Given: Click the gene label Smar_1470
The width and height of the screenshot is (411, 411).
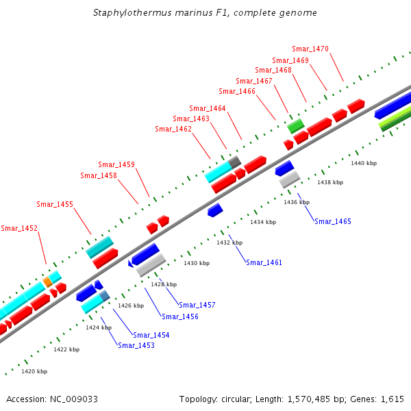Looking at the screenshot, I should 310,49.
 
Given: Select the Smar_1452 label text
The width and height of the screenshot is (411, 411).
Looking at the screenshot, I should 19,228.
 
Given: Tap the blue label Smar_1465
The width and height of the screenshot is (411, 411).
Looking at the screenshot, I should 333,221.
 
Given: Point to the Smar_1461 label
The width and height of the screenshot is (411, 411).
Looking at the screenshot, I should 264,262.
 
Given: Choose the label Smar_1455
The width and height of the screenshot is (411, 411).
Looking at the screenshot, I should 55,204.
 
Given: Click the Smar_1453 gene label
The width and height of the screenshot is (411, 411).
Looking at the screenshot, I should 136,345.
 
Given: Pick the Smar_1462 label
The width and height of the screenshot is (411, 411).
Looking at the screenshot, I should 173,129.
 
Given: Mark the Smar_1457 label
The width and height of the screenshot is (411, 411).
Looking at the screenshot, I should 197,305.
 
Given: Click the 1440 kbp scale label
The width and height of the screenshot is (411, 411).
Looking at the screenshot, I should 364,163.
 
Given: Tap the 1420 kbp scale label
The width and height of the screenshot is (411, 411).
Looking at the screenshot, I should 34,371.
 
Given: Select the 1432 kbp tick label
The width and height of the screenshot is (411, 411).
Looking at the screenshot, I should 229,242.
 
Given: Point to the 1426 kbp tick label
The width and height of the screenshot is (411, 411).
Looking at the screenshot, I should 131,306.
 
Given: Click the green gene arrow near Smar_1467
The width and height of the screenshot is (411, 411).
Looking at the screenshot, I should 295,126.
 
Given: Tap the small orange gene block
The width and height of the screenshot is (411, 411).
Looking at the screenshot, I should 47,282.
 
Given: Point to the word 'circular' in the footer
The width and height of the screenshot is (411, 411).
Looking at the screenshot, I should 240,399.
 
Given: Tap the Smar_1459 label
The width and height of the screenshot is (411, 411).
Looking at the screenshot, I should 116,164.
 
